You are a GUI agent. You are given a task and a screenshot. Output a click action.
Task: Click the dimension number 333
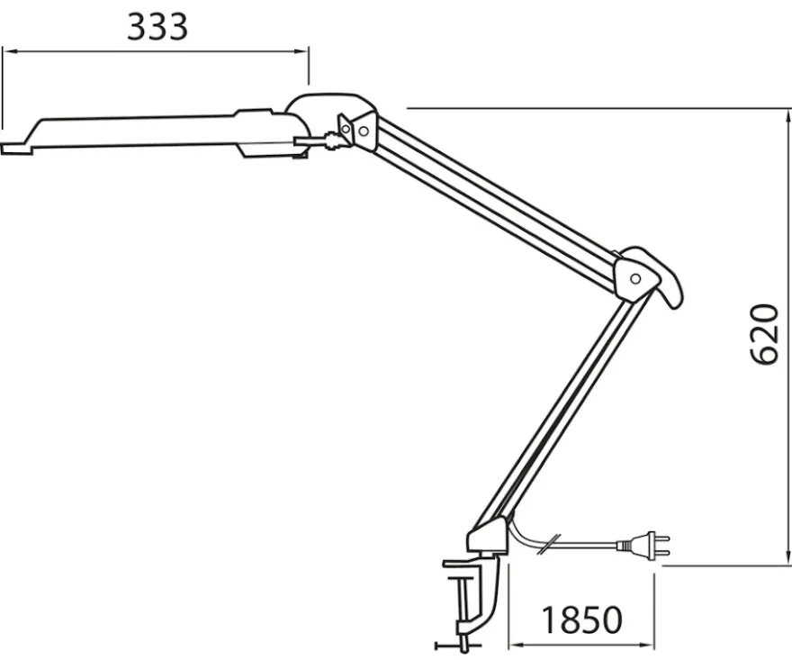click(x=157, y=27)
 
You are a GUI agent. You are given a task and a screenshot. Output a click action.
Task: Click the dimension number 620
click(x=764, y=335)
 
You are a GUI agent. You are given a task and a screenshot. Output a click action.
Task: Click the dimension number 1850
click(x=582, y=620)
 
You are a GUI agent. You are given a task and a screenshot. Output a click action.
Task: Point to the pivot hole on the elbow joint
click(x=636, y=278)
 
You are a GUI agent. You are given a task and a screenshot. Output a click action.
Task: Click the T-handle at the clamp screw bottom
click(x=459, y=646)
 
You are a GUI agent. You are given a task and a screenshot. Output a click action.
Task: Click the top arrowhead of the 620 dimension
click(x=787, y=117)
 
